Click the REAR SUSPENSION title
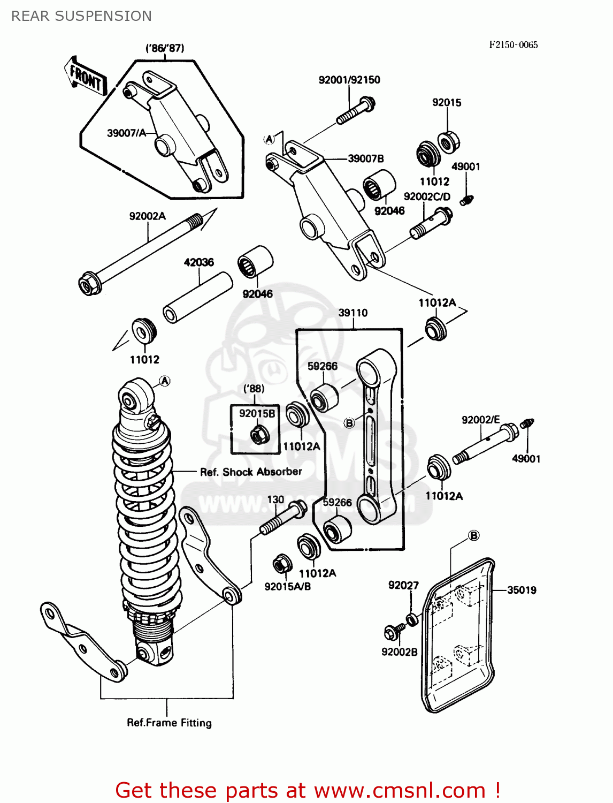coord(81,16)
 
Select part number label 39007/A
coord(126,133)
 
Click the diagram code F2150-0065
coord(513,45)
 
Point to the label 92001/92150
coord(349,80)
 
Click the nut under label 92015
coord(448,141)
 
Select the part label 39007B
coord(366,158)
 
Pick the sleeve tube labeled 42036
coord(197,298)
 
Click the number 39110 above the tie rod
coord(353,313)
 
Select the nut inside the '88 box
coord(259,434)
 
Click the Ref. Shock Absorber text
coord(251,472)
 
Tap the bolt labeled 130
coord(283,517)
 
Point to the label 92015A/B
coord(287,586)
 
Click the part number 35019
coord(522,590)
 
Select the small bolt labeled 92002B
coord(391,633)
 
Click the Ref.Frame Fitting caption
coord(169,723)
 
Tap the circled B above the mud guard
coord(473,535)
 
